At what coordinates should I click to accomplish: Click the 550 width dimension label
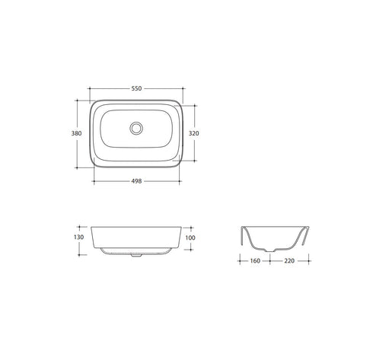pos(137,88)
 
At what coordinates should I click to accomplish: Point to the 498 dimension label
pos(137,181)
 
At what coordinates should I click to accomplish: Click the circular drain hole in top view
pos(137,129)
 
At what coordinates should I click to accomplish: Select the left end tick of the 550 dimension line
pos(89,88)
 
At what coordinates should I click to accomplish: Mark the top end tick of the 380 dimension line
pos(81,98)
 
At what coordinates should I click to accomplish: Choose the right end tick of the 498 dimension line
pos(180,181)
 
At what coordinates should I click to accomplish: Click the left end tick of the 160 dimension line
pos(239,261)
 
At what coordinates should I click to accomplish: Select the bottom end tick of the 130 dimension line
pos(81,250)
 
